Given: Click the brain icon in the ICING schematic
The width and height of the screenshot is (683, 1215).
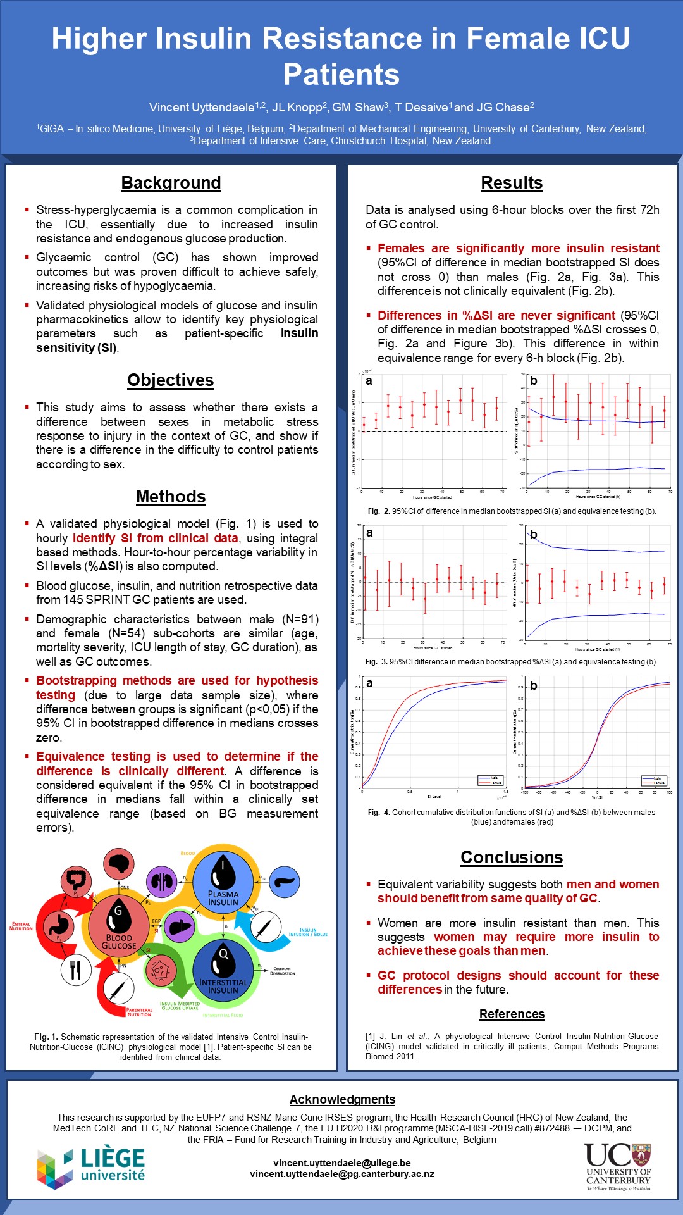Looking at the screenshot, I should tap(118, 864).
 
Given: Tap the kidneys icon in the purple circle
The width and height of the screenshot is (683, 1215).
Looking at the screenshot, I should tap(161, 882).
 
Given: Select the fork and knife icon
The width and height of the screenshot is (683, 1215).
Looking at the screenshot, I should tap(76, 969).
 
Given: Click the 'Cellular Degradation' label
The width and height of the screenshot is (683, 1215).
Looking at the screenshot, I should tap(282, 971).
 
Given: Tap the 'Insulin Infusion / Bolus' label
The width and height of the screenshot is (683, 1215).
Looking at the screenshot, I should tap(308, 932).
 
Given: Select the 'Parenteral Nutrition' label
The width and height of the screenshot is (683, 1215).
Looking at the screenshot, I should tap(139, 1012).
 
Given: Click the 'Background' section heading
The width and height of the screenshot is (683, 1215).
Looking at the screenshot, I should tap(171, 183).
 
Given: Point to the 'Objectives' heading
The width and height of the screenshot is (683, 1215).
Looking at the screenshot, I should tap(171, 380).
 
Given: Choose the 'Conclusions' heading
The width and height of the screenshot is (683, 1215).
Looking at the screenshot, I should tap(512, 857).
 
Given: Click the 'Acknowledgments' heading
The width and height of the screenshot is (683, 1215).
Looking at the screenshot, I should tap(342, 1099).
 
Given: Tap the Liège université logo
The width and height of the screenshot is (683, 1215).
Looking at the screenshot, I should tap(91, 1166).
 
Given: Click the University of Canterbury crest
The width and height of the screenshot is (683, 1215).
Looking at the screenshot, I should tap(641, 1154).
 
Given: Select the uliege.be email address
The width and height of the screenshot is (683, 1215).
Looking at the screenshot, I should tap(342, 1162).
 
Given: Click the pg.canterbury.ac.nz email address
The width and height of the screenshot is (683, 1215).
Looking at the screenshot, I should tap(342, 1174).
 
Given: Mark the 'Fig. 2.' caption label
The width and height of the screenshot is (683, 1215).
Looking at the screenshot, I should tap(378, 511).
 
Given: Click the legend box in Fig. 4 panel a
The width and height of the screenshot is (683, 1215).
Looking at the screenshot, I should tap(489, 780).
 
